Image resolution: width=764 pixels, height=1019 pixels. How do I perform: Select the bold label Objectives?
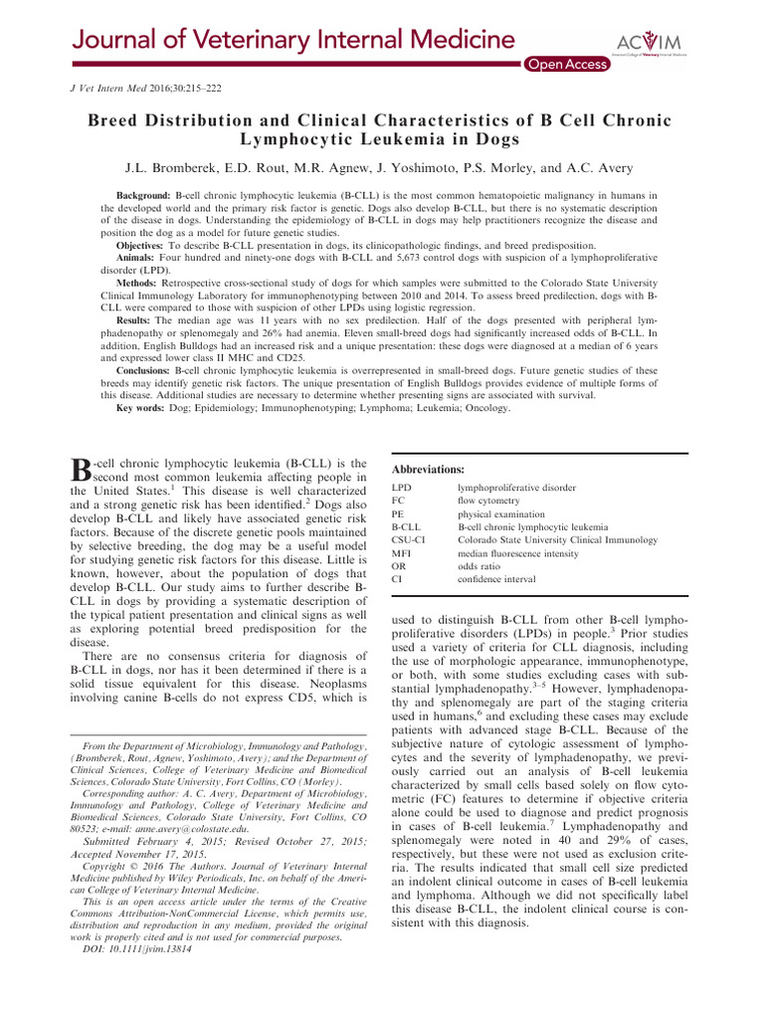(x=143, y=245)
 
